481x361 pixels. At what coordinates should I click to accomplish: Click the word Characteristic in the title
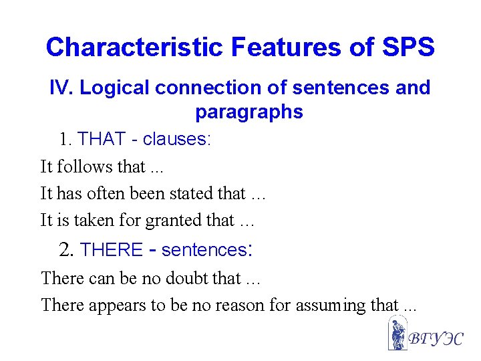click(134, 47)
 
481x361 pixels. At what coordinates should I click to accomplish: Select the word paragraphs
click(249, 112)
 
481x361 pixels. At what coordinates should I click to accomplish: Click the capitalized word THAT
click(102, 139)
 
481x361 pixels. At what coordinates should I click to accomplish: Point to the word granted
click(174, 220)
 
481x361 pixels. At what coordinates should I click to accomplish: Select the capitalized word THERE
click(111, 250)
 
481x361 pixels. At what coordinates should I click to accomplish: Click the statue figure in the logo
click(397, 334)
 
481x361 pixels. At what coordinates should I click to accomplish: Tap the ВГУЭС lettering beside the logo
click(434, 338)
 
